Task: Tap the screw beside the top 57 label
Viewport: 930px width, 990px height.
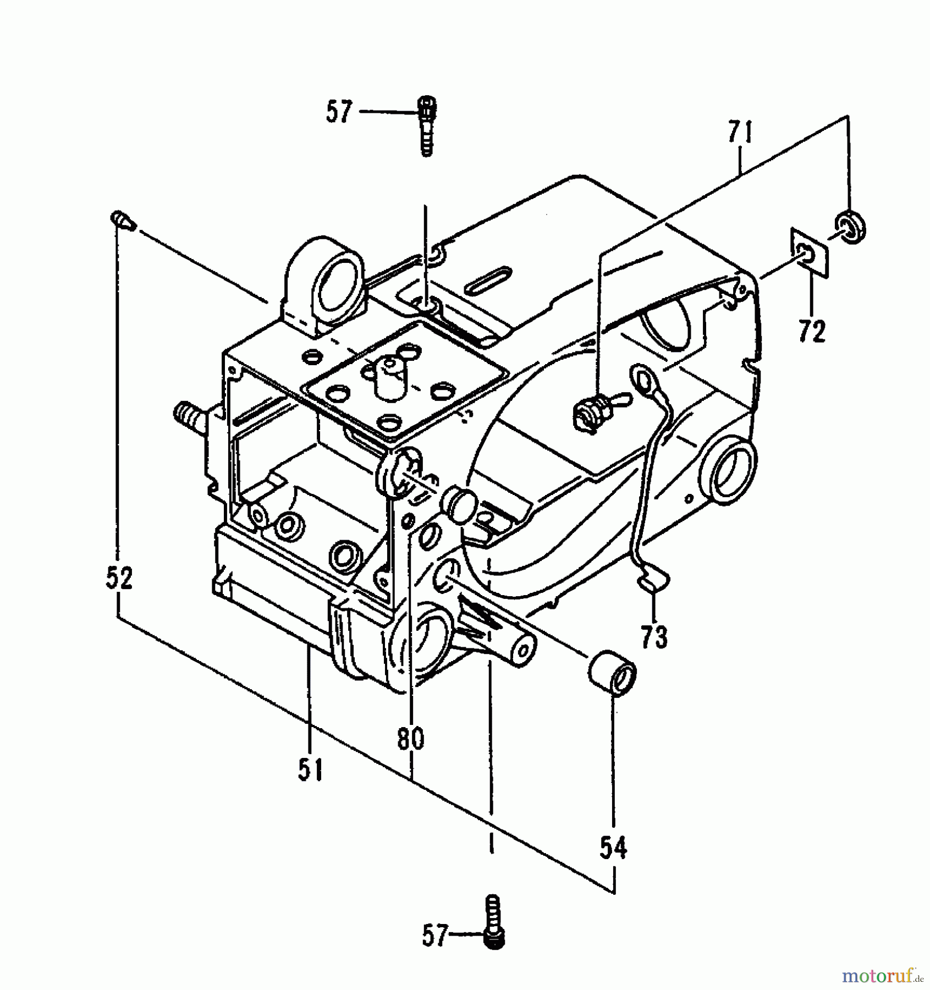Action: point(426,125)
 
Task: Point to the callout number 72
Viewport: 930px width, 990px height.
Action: point(811,332)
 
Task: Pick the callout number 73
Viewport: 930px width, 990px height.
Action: point(654,637)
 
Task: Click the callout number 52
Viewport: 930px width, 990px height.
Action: point(119,579)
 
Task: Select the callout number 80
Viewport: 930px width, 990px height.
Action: point(411,739)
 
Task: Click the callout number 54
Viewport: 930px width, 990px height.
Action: point(613,848)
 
